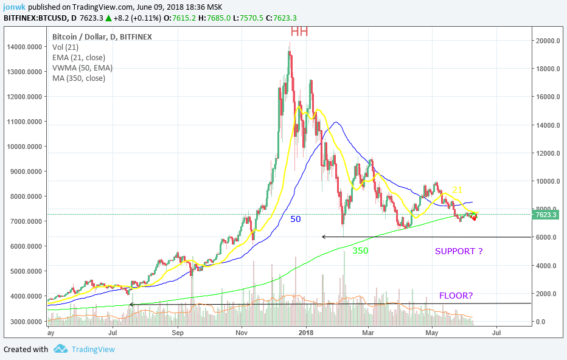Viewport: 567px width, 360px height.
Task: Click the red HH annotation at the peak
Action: pyautogui.click(x=299, y=31)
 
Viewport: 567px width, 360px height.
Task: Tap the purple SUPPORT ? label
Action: pyautogui.click(x=462, y=251)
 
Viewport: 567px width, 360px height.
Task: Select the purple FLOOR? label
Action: pyautogui.click(x=456, y=296)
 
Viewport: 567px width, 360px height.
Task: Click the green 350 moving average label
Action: pyautogui.click(x=360, y=250)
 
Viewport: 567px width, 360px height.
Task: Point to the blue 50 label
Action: pyautogui.click(x=295, y=218)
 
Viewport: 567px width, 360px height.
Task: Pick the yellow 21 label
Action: pyautogui.click(x=457, y=190)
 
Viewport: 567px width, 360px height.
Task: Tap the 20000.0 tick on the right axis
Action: pyautogui.click(x=548, y=41)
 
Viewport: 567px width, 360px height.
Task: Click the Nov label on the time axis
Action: pyautogui.click(x=242, y=333)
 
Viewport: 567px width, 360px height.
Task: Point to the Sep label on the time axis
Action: pyautogui.click(x=178, y=333)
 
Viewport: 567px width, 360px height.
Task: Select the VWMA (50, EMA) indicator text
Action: pyautogui.click(x=82, y=67)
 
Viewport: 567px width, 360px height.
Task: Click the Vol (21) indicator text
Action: pyautogui.click(x=66, y=47)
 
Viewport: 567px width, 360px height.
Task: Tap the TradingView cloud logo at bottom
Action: pyautogui.click(x=60, y=349)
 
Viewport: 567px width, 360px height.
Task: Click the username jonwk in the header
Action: pyautogui.click(x=15, y=6)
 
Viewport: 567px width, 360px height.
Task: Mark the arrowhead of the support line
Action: pyautogui.click(x=324, y=237)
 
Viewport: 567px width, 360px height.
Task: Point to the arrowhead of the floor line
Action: pyautogui.click(x=131, y=304)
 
